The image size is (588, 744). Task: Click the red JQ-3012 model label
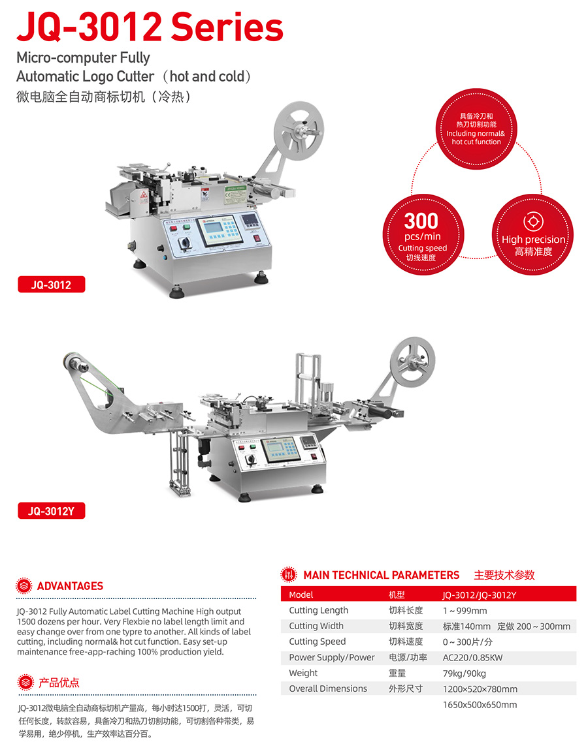point(52,285)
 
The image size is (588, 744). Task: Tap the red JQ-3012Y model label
point(52,511)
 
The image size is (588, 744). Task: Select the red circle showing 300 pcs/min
point(423,235)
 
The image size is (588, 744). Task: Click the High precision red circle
point(533,235)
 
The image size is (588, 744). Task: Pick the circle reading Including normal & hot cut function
point(476,129)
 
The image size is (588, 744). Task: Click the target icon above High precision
point(533,221)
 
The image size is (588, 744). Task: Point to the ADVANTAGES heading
point(70,586)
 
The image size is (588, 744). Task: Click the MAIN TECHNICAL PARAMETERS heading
point(382,575)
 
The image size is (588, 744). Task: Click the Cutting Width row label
point(316,626)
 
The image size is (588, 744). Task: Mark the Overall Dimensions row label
point(328,689)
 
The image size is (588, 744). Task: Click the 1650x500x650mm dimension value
point(480,705)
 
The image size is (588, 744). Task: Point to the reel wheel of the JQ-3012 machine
point(299,131)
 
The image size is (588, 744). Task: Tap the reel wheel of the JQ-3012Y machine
point(412,362)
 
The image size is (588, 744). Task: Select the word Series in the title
point(227,27)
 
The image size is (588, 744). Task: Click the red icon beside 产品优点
point(25,683)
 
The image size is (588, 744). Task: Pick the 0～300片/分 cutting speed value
point(467,642)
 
